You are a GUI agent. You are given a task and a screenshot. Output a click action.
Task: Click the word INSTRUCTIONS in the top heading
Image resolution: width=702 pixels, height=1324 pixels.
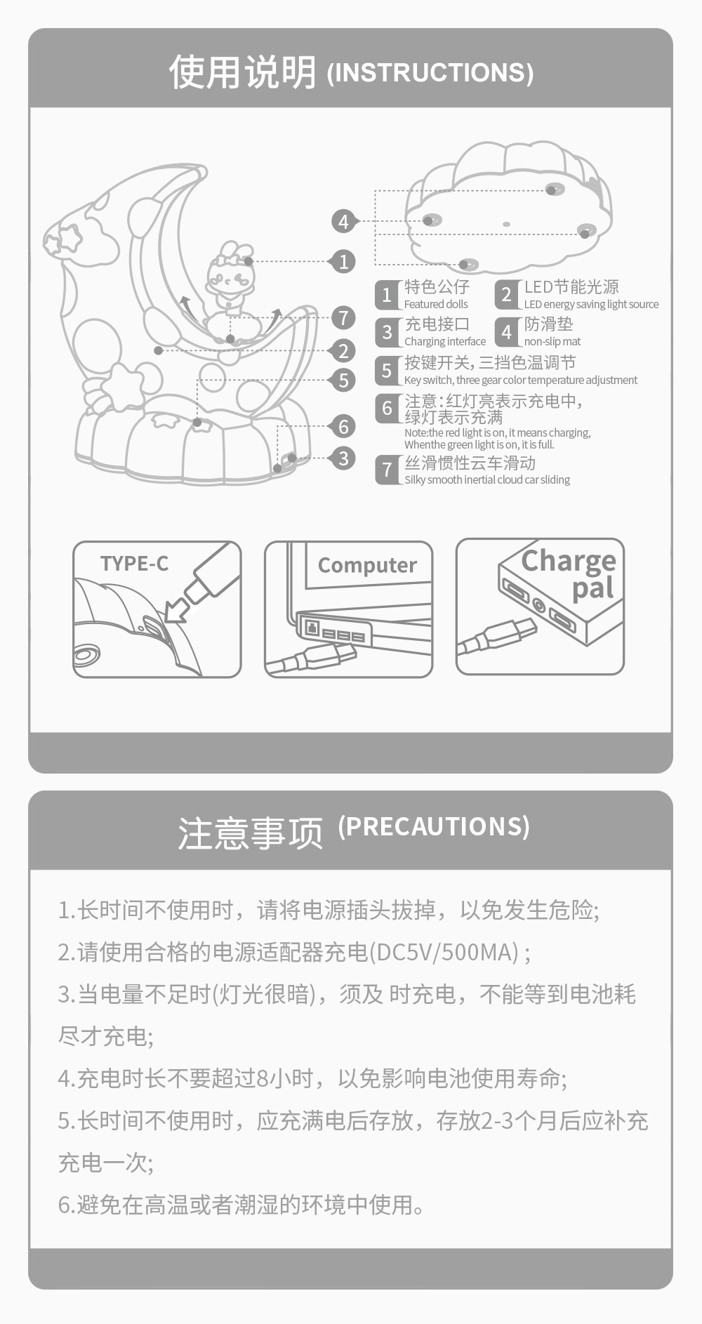tap(430, 73)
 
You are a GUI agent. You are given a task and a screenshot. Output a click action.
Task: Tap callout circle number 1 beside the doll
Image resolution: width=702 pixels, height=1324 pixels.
tap(343, 262)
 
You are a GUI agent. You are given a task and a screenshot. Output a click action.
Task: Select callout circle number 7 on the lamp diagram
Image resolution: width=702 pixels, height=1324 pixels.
tap(343, 317)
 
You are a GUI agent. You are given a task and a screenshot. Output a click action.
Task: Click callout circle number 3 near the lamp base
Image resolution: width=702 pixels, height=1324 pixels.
tap(343, 458)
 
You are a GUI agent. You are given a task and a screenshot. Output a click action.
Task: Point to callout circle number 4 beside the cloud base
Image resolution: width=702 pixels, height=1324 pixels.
tap(343, 222)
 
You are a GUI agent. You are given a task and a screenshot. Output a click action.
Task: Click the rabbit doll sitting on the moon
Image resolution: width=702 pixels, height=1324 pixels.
tap(230, 277)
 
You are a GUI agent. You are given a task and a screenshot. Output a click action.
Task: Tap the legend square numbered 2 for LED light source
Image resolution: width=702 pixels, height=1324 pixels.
tap(506, 295)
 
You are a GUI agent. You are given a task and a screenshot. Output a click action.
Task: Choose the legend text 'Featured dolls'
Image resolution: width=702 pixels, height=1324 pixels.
tap(436, 305)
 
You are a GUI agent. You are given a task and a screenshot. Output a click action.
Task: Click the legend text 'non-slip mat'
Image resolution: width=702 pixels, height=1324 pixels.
tap(552, 342)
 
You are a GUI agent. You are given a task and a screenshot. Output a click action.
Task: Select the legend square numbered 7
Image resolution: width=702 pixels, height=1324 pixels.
tap(387, 470)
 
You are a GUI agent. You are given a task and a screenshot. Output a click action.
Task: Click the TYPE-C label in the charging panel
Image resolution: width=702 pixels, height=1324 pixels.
tap(134, 564)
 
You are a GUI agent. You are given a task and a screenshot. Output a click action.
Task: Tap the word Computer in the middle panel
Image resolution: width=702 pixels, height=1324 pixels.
tap(367, 566)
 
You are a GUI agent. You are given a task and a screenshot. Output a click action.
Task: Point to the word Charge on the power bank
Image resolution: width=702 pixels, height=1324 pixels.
tap(569, 561)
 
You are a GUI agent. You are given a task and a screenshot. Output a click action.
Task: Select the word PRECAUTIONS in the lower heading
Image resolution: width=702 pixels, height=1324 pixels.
tap(434, 826)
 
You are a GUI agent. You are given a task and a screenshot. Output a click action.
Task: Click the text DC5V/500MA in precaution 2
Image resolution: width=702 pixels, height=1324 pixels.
tap(447, 953)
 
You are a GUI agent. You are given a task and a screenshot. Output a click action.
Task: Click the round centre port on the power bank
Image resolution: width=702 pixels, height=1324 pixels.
tap(539, 604)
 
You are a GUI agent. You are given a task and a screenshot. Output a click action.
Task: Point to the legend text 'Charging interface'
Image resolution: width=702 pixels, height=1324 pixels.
tap(445, 342)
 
